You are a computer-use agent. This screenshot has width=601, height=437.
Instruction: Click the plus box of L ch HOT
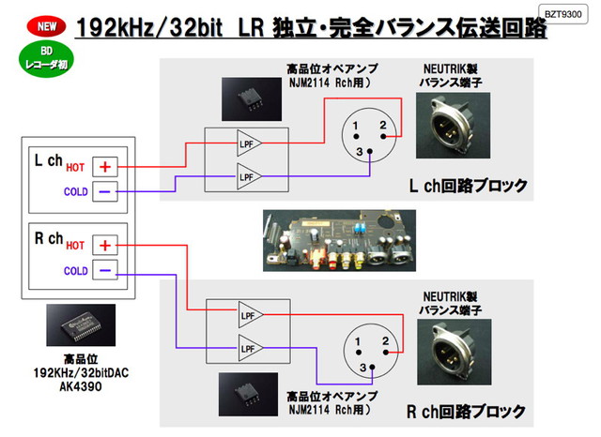(x=105, y=166)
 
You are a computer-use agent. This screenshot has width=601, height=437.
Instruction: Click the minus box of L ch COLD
(x=105, y=192)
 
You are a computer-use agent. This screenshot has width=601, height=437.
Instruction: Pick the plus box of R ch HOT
(x=105, y=245)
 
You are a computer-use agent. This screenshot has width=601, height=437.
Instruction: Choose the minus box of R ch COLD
(x=105, y=271)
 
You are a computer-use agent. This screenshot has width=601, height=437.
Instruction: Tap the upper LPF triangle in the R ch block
(x=249, y=315)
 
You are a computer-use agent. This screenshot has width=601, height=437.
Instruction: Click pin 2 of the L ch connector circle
(x=382, y=126)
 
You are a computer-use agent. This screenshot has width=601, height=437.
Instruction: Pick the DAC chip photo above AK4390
(x=81, y=325)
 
